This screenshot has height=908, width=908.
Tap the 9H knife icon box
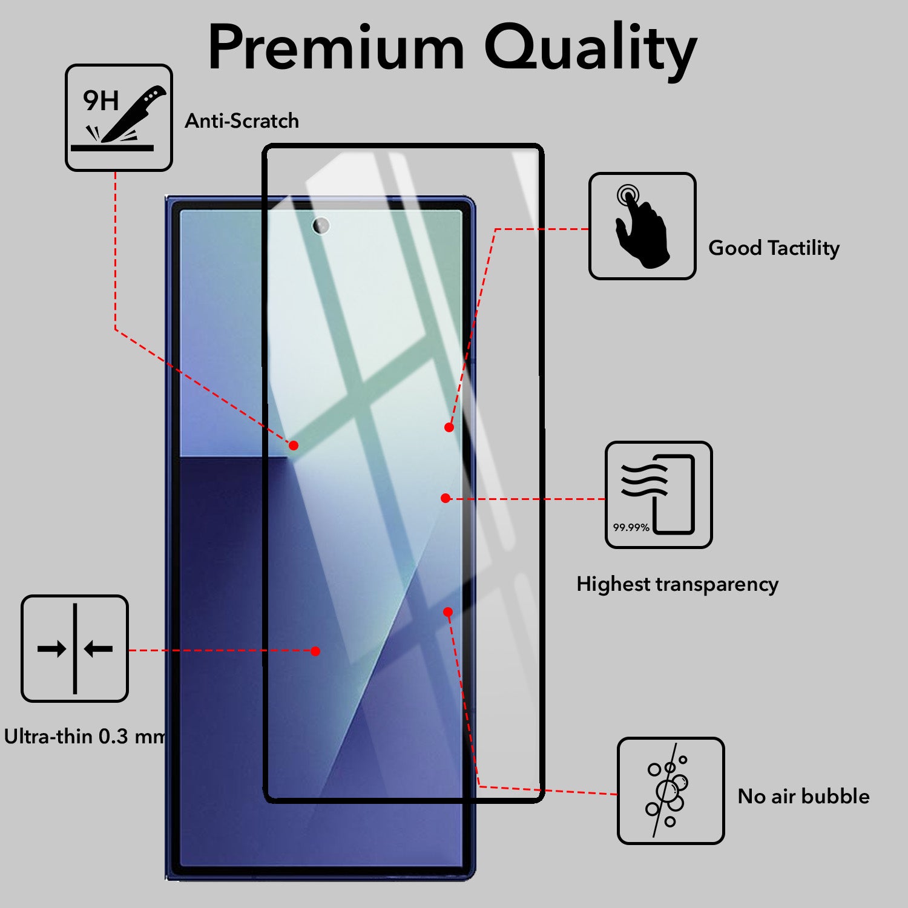point(119,117)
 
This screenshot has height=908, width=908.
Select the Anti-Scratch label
point(242,121)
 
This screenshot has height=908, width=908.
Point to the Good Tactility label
point(774,248)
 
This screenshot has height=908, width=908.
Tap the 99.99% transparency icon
point(659,495)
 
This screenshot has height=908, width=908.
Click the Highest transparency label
point(677,584)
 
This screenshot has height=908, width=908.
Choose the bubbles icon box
point(670,791)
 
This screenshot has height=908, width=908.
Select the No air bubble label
point(803,796)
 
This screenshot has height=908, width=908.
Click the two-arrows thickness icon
point(75,648)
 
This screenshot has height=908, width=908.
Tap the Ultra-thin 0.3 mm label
point(84,737)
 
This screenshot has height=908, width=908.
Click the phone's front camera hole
point(321,226)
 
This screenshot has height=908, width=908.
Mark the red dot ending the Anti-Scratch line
point(294,446)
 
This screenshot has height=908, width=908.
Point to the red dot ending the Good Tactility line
point(449,427)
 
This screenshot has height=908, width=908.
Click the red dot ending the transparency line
point(446,498)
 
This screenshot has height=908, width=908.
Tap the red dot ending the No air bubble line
point(448,612)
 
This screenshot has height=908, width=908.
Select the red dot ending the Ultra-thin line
point(315,651)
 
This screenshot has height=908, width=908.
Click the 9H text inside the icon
point(100,100)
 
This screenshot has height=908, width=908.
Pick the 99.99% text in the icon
point(631,527)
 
